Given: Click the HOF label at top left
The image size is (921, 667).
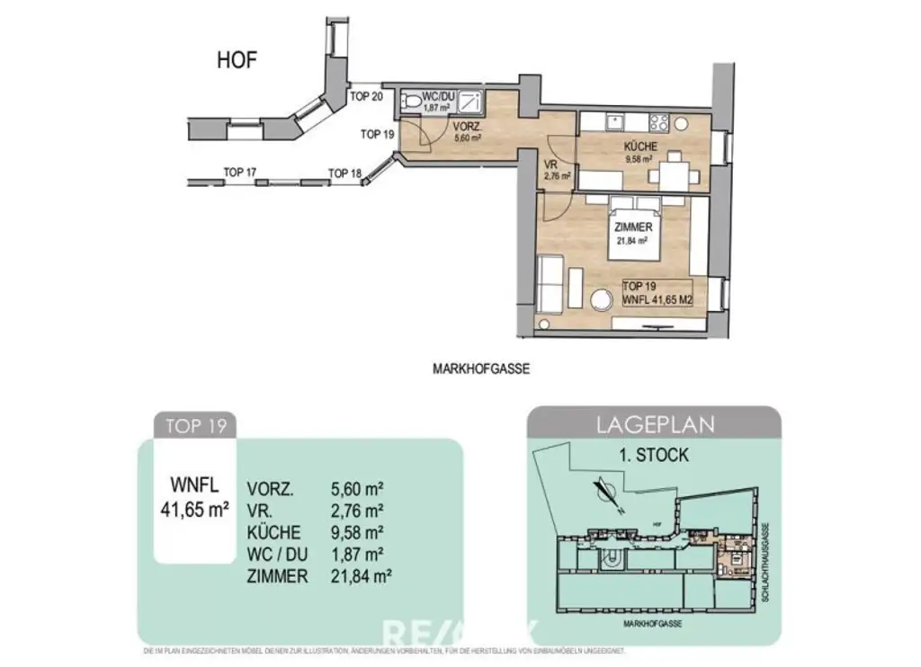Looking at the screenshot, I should (237, 61).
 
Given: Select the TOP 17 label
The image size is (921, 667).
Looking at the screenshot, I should (240, 172).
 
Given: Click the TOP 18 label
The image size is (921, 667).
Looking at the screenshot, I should (344, 173).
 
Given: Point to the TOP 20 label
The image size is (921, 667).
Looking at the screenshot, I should (367, 97).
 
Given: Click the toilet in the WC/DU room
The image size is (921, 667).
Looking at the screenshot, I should (412, 101).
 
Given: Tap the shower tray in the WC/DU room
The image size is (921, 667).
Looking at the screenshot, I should (471, 99).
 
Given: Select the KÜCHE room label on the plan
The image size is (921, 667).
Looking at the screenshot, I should (640, 147).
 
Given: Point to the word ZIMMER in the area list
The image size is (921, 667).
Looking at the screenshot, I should (277, 576).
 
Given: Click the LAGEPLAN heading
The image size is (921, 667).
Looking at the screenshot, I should (653, 424).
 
